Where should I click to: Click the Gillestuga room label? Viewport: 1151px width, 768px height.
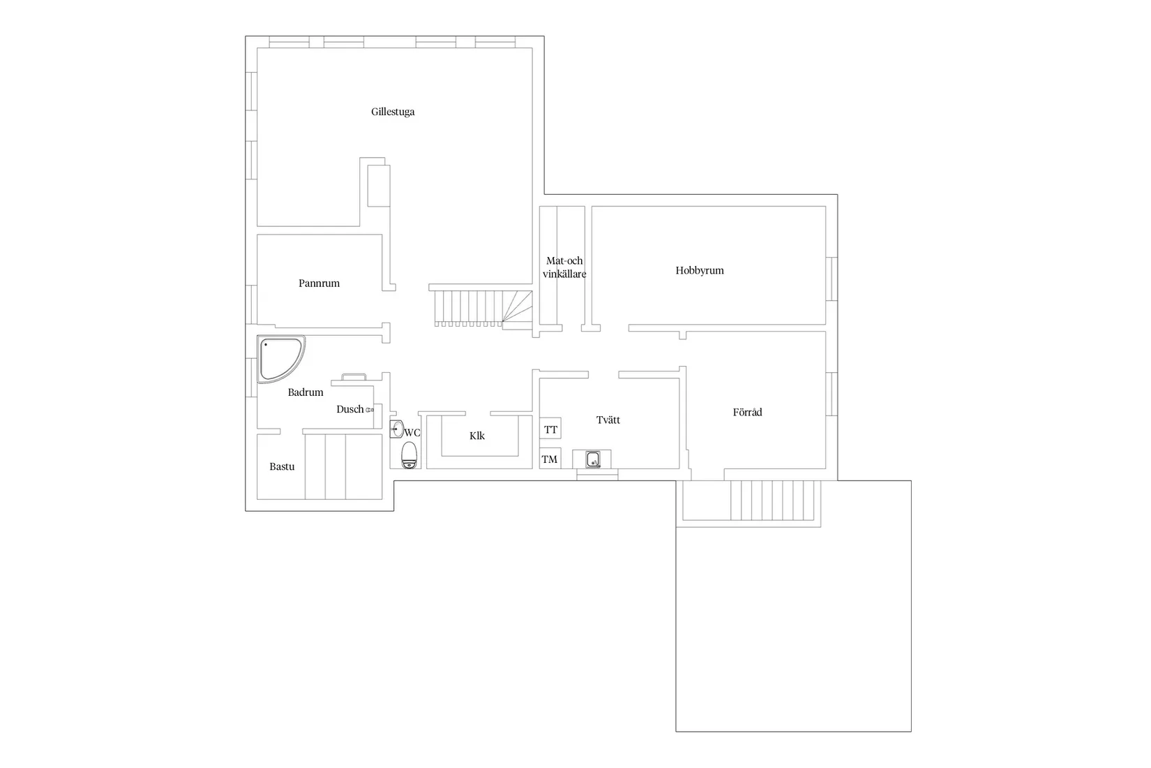[393, 112]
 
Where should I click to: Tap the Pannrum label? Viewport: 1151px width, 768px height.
[319, 283]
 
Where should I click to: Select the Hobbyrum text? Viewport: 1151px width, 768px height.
[700, 271]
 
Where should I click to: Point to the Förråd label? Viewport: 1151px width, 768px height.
[747, 412]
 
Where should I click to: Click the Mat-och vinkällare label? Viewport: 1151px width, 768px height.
[564, 267]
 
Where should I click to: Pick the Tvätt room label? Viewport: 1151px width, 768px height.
[608, 420]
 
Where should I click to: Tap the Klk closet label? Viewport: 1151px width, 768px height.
[477, 436]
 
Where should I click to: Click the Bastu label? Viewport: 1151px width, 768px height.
[282, 466]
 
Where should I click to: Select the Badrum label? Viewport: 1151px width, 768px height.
[306, 392]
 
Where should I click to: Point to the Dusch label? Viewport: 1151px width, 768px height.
[350, 409]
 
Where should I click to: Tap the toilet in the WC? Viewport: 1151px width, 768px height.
[409, 455]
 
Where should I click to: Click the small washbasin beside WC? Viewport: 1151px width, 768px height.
[396, 429]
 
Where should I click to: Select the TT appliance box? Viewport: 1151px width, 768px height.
[550, 429]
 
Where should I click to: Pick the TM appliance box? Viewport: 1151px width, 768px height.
[549, 459]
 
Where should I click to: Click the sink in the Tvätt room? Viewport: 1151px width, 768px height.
[593, 459]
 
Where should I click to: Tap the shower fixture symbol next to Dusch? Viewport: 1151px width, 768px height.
[370, 410]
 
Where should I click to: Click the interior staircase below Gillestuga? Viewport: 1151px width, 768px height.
[483, 307]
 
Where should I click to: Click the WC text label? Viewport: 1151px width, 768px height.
[412, 433]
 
